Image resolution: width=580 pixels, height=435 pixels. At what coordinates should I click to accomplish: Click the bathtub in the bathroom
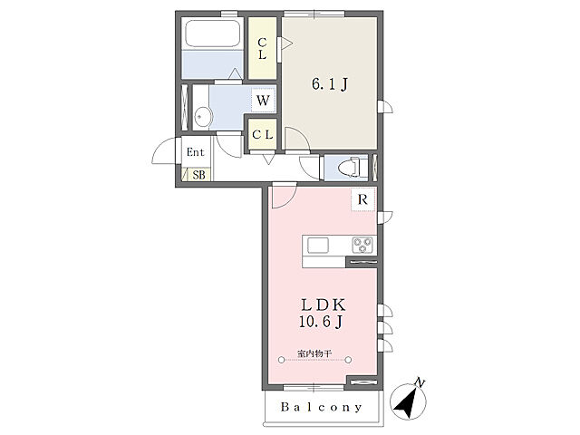pos(213,34)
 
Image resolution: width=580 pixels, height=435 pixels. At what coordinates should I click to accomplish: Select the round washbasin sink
pos(202,117)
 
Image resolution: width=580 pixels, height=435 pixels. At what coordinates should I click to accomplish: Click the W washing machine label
pos(263,100)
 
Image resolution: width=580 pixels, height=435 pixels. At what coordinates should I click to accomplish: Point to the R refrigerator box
pos(362,199)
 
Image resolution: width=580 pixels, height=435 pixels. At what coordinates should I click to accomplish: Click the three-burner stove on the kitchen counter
pos(362,245)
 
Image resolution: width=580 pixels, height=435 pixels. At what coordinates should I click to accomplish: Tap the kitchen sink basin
pos(318,245)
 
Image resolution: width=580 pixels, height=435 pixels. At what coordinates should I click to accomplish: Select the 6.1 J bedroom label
pos(330,84)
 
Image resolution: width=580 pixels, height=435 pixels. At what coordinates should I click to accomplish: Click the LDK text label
pos(324,305)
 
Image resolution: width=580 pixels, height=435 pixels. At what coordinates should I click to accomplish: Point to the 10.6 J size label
pos(320,322)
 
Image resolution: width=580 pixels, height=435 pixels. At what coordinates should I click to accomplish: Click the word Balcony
pos(321,407)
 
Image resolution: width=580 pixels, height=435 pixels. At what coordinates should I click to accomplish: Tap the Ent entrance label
pos(196,152)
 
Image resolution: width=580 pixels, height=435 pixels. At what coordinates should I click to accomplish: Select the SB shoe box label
pos(199,175)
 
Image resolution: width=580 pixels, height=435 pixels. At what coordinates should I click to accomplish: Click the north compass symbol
pos(408,401)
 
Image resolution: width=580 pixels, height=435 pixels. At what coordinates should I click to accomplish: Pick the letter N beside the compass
pos(420,382)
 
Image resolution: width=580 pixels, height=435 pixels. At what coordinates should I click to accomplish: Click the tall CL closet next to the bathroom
pos(262,48)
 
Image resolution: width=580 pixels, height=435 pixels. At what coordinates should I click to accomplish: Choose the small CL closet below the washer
pos(262,134)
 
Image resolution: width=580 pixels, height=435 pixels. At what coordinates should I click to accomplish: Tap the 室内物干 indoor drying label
pos(314,353)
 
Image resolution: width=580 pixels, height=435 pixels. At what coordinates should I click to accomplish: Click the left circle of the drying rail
pos(282,360)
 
